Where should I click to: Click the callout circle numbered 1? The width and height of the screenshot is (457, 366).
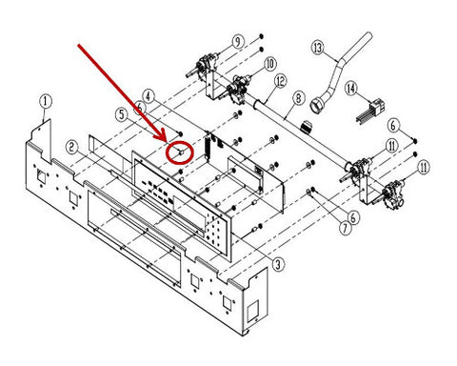click(45, 102)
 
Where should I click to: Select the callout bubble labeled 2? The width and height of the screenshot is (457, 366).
click(72, 148)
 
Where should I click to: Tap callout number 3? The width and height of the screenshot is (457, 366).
click(278, 265)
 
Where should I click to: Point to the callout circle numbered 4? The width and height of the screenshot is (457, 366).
click(149, 95)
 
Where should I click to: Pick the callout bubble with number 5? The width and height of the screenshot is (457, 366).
click(122, 114)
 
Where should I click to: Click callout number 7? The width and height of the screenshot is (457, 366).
click(346, 228)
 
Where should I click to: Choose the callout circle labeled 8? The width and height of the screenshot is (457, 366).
click(298, 98)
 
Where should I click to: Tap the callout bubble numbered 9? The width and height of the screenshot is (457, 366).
click(238, 42)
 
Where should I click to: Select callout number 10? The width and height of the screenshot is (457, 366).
click(269, 65)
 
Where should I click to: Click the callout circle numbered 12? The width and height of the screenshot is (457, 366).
click(280, 81)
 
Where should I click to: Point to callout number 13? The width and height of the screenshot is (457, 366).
click(318, 48)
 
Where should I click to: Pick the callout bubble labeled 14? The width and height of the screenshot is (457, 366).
click(351, 89)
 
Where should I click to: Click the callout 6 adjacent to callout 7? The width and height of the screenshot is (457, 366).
click(353, 217)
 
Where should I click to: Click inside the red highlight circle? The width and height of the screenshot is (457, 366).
click(180, 152)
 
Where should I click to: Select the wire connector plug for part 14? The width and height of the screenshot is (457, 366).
click(377, 106)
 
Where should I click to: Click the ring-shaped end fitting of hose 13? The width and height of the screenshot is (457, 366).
click(316, 106)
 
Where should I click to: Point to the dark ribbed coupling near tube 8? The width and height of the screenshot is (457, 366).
click(307, 127)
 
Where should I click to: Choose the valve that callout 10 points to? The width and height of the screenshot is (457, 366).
click(236, 89)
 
